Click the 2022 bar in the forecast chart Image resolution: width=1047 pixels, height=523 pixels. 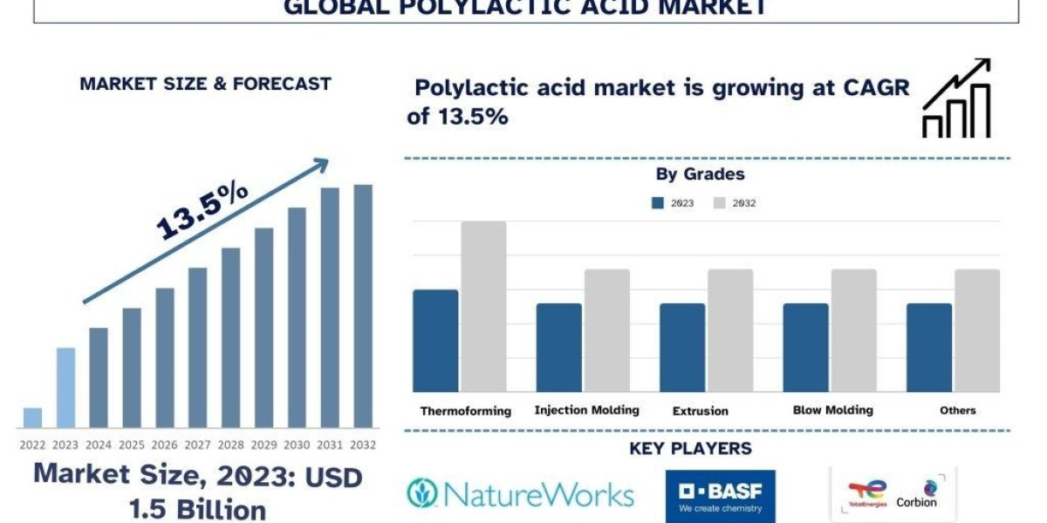coord(32,418)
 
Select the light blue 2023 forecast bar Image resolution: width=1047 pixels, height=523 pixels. coord(65,388)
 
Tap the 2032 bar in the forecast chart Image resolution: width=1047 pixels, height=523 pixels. coord(362,306)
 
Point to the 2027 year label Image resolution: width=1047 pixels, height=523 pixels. coord(197,445)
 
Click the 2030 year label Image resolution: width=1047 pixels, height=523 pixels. coord(297,445)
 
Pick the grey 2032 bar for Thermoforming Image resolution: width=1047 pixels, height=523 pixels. coord(483,306)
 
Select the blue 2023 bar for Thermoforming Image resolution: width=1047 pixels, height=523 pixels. coord(435,340)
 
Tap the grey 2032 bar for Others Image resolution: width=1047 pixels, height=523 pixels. coord(976,330)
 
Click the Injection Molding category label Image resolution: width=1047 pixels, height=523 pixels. coord(586,410)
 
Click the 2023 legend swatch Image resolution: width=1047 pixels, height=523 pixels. coord(658,203)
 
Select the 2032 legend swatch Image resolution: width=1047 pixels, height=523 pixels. coord(720,203)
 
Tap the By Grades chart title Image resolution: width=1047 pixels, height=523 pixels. coord(700,174)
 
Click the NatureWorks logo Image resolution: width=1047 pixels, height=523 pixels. coord(520,494)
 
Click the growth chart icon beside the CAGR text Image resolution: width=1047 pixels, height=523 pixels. coord(956,98)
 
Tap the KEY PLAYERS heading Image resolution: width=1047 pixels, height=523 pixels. coord(690,449)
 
